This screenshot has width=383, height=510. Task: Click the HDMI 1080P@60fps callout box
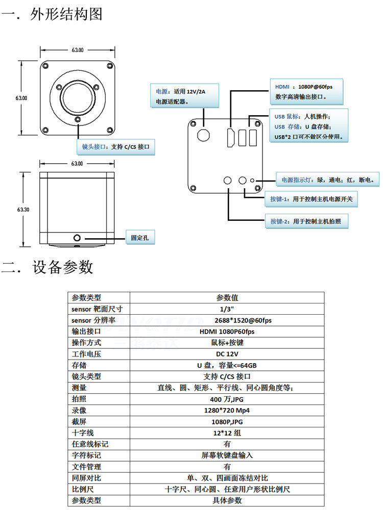pyautogui.click(x=306, y=91)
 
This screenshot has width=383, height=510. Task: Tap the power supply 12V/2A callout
pyautogui.click(x=184, y=96)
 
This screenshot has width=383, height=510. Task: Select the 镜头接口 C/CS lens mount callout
pyautogui.click(x=115, y=147)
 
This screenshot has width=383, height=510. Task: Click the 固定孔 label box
pyautogui.click(x=140, y=238)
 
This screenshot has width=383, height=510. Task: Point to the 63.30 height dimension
pyautogui.click(x=23, y=210)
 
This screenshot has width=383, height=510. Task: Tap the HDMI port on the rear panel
pyautogui.click(x=231, y=137)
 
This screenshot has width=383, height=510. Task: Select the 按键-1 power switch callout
pyautogui.click(x=312, y=199)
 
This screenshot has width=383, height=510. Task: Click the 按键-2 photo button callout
pyautogui.click(x=306, y=221)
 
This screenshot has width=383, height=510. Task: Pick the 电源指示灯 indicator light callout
pyautogui.click(x=328, y=180)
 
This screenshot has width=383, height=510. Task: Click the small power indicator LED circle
pyautogui.click(x=252, y=180)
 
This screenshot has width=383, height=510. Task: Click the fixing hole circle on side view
pyautogui.click(x=77, y=238)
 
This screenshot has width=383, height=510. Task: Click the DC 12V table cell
pyautogui.click(x=227, y=354)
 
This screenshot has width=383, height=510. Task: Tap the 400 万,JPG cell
pyautogui.click(x=227, y=399)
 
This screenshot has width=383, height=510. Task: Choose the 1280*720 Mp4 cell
pyautogui.click(x=227, y=411)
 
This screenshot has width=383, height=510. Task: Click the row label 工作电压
pyautogui.click(x=86, y=354)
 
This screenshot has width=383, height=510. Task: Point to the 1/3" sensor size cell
pyautogui.click(x=227, y=309)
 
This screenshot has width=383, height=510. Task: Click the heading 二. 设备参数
pyautogui.click(x=47, y=267)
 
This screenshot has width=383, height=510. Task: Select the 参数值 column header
pyautogui.click(x=227, y=298)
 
